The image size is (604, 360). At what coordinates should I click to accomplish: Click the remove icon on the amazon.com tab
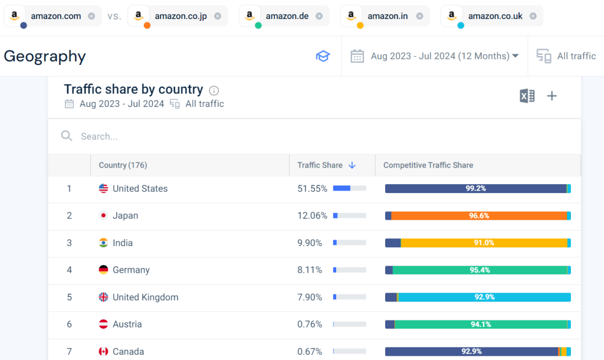(x=91, y=16)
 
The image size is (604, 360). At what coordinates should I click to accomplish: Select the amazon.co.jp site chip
(x=180, y=16)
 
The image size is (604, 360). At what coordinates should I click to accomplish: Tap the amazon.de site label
(x=287, y=16)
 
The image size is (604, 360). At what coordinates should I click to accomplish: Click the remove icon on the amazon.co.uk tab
(x=533, y=16)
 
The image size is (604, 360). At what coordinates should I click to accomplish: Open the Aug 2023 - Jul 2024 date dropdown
(x=435, y=56)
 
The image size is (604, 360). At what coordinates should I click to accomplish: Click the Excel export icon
(x=527, y=96)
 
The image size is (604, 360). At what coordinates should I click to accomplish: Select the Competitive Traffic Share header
(x=428, y=165)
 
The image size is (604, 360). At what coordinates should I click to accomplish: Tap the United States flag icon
(x=104, y=189)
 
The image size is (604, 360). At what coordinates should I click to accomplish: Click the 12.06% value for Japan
(x=312, y=216)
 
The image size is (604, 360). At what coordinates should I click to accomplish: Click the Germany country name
(x=131, y=270)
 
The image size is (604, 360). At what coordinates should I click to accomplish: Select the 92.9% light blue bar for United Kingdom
(x=484, y=297)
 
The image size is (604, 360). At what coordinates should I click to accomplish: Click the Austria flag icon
(x=104, y=325)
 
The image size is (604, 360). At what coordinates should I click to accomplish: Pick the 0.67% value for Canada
(x=310, y=352)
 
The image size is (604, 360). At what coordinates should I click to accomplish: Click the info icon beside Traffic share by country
(x=214, y=91)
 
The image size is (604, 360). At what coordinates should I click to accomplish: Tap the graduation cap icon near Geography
(x=323, y=56)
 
